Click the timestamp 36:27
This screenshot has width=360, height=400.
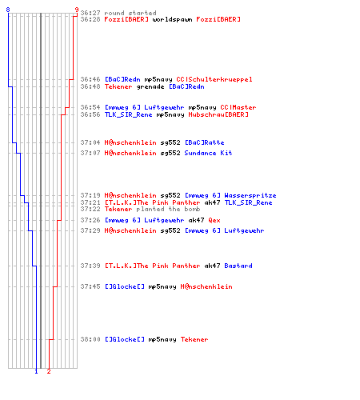point(90,13)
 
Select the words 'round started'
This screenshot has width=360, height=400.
point(130,13)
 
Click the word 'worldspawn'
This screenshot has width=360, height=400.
point(172,19)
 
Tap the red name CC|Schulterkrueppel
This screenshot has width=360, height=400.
point(214,79)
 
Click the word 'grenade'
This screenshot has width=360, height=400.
point(150,87)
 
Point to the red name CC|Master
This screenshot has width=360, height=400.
point(238,107)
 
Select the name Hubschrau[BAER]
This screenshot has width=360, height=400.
point(218,114)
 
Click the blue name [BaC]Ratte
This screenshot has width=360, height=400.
point(205,142)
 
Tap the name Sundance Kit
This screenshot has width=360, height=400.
point(208,153)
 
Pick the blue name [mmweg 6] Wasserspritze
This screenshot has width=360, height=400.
point(230,195)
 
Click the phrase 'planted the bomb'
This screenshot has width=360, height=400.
point(168,209)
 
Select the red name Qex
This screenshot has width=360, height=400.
point(214,220)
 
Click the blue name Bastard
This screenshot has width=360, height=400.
point(238,266)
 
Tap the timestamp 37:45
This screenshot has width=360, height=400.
point(90,286)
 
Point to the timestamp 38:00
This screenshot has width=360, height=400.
point(90,339)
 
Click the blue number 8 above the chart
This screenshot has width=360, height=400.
point(8,10)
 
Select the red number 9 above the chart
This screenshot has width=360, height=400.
point(77,10)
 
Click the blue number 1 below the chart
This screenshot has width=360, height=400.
point(36,371)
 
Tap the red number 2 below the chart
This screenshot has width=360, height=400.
point(49,371)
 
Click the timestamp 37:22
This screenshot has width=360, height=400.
point(90,209)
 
